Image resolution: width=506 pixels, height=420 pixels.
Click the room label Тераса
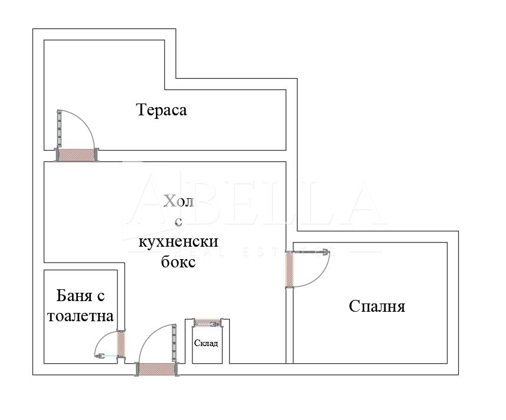point(161,110)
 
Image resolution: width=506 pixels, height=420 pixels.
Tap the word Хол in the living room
point(178,202)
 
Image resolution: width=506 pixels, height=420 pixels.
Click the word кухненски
point(178,242)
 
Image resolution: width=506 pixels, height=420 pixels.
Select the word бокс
point(178,262)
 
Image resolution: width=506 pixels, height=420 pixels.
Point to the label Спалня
point(377,306)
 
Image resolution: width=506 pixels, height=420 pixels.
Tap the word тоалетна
point(80,316)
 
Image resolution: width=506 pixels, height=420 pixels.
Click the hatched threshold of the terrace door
point(76,155)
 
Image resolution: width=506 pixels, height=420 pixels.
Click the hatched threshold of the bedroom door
point(289,269)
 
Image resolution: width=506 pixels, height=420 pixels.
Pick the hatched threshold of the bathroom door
point(121,344)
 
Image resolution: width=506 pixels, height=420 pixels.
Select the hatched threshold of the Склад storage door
point(207,322)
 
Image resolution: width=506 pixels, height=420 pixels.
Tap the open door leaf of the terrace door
point(58,129)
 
